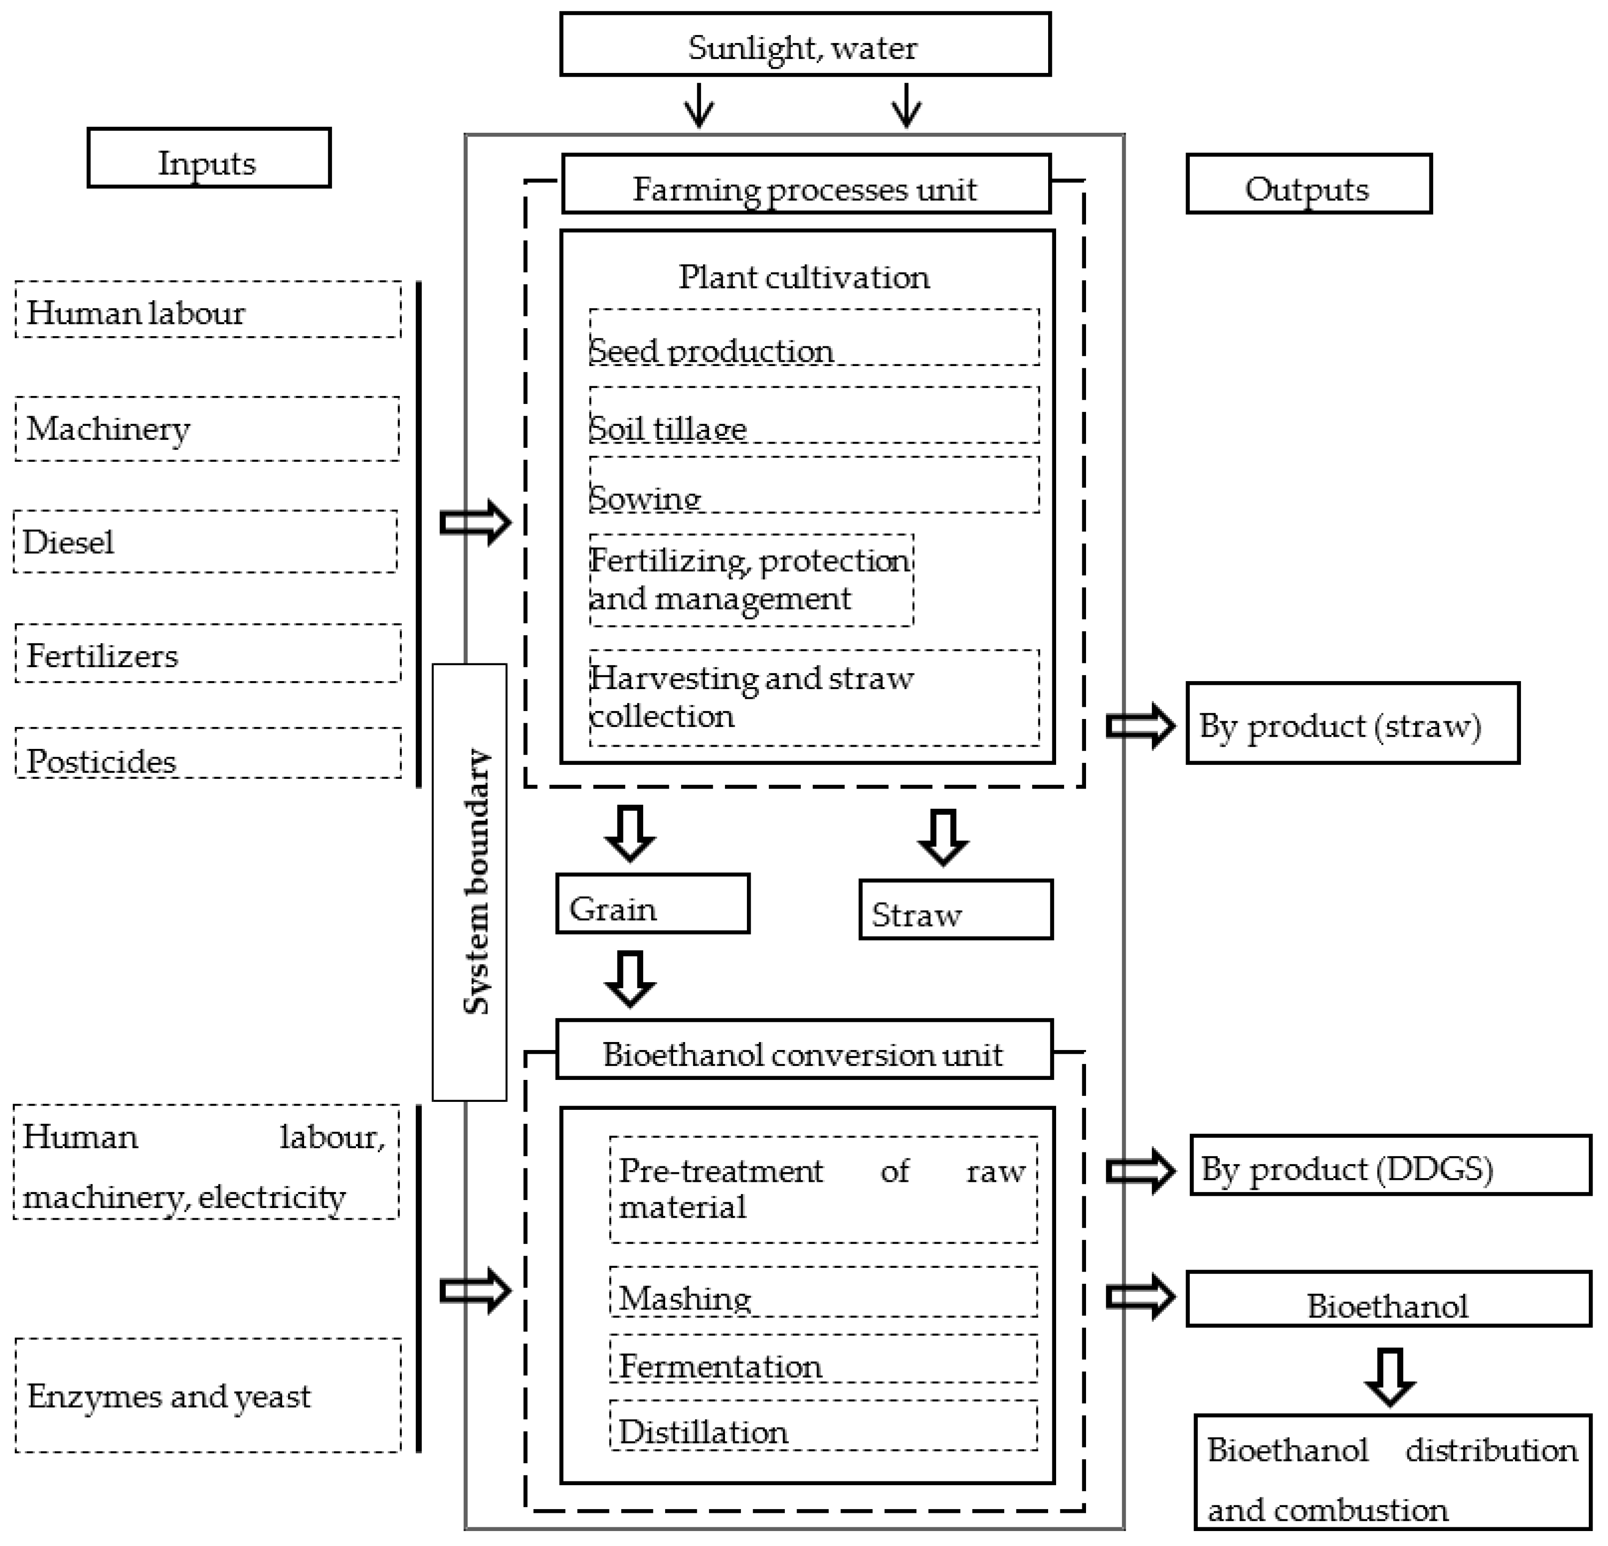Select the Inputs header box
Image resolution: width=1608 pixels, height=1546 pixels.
[209, 158]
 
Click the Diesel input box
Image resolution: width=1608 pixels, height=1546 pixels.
[205, 541]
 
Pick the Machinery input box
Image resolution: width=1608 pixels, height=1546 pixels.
[207, 428]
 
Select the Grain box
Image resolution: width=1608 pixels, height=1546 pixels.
[652, 903]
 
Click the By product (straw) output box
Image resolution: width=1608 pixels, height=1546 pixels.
[1352, 723]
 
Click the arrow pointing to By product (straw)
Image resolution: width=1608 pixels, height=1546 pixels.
[1139, 725]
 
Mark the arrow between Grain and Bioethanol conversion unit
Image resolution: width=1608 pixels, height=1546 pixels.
[629, 978]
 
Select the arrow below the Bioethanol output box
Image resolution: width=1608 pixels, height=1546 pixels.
[1389, 1376]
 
